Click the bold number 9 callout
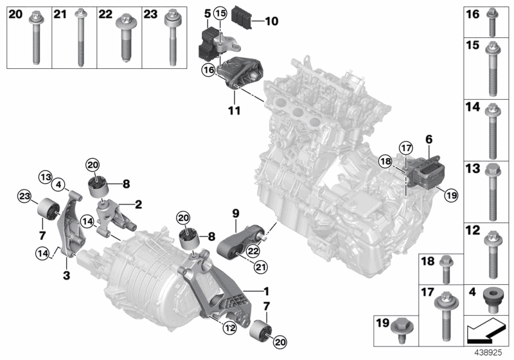tap(235, 212)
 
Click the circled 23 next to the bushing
tap(24, 196)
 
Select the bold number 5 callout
tap(207, 12)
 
